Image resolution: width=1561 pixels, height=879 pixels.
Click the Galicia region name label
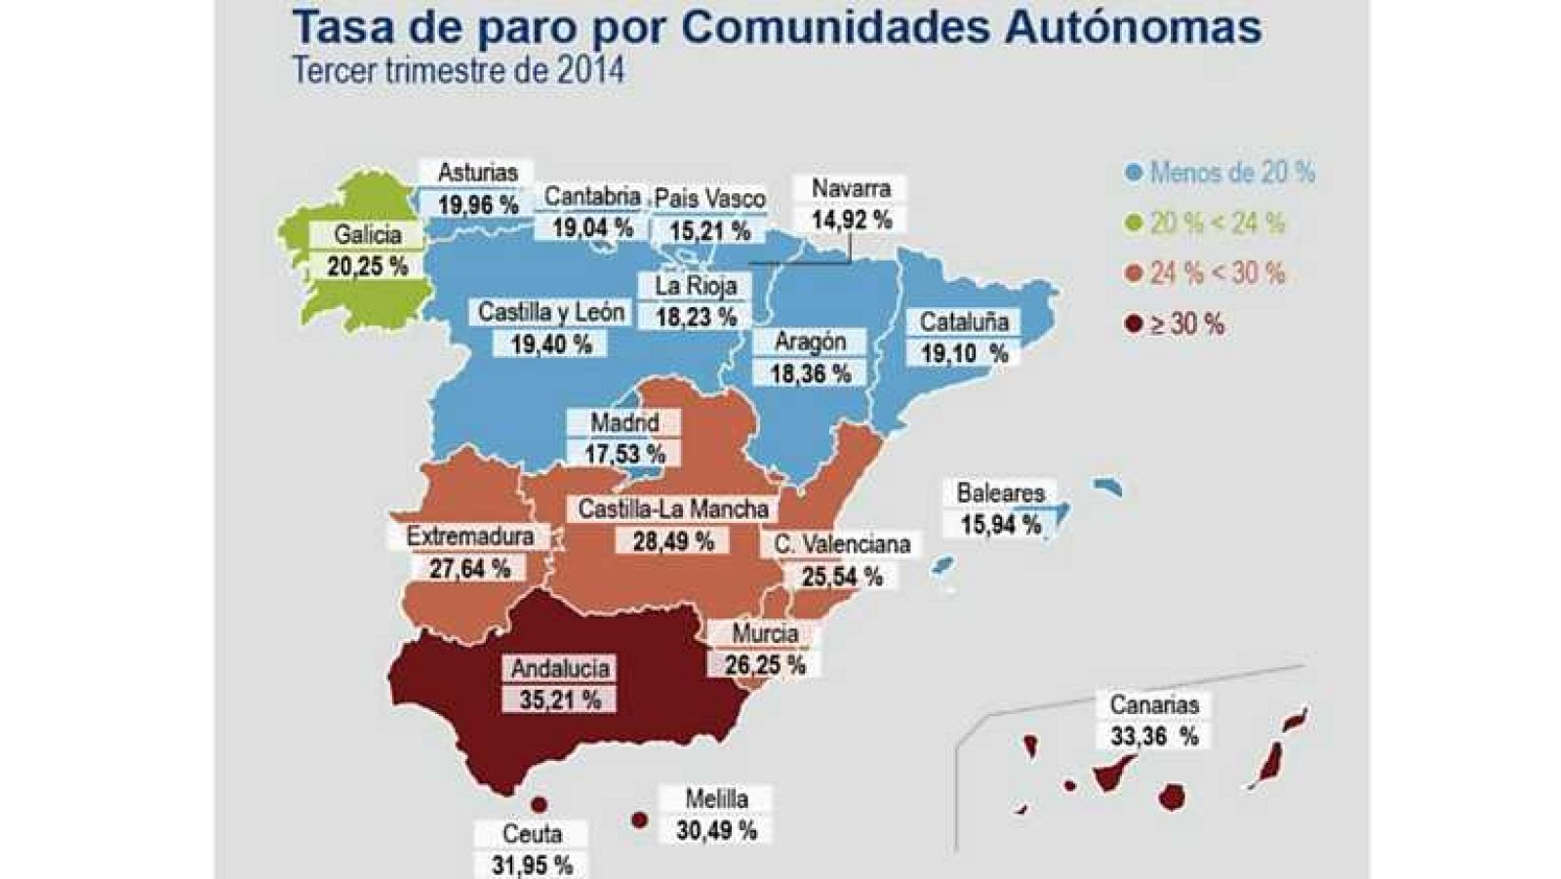coord(367,235)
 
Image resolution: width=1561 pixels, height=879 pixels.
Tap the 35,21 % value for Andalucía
coord(560,699)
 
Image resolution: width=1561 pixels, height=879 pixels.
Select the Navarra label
coord(851,188)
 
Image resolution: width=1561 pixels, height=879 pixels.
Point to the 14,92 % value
coord(851,220)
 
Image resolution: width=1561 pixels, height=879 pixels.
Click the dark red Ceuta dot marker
coord(538,805)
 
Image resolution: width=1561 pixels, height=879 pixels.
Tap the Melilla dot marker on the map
coord(639,820)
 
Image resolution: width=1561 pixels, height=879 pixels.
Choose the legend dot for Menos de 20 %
coord(1133,174)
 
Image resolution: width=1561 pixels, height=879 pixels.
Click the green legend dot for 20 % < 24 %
coord(1133,223)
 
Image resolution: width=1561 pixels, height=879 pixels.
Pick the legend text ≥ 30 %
coord(1185,324)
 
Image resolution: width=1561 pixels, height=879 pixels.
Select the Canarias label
coord(1154,704)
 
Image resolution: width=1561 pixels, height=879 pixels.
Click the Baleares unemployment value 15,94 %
coord(1000,525)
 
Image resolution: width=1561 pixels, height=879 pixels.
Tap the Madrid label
coord(624,423)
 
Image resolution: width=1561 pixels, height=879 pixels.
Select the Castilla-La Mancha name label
coord(673,509)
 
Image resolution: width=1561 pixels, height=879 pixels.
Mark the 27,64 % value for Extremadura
coord(469,568)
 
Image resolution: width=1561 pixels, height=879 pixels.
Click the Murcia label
coord(765,634)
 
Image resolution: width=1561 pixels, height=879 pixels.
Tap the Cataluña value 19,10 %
coord(964,353)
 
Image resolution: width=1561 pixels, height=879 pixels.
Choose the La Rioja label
coord(696,286)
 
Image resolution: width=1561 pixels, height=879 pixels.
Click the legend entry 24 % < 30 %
coord(1217,273)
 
